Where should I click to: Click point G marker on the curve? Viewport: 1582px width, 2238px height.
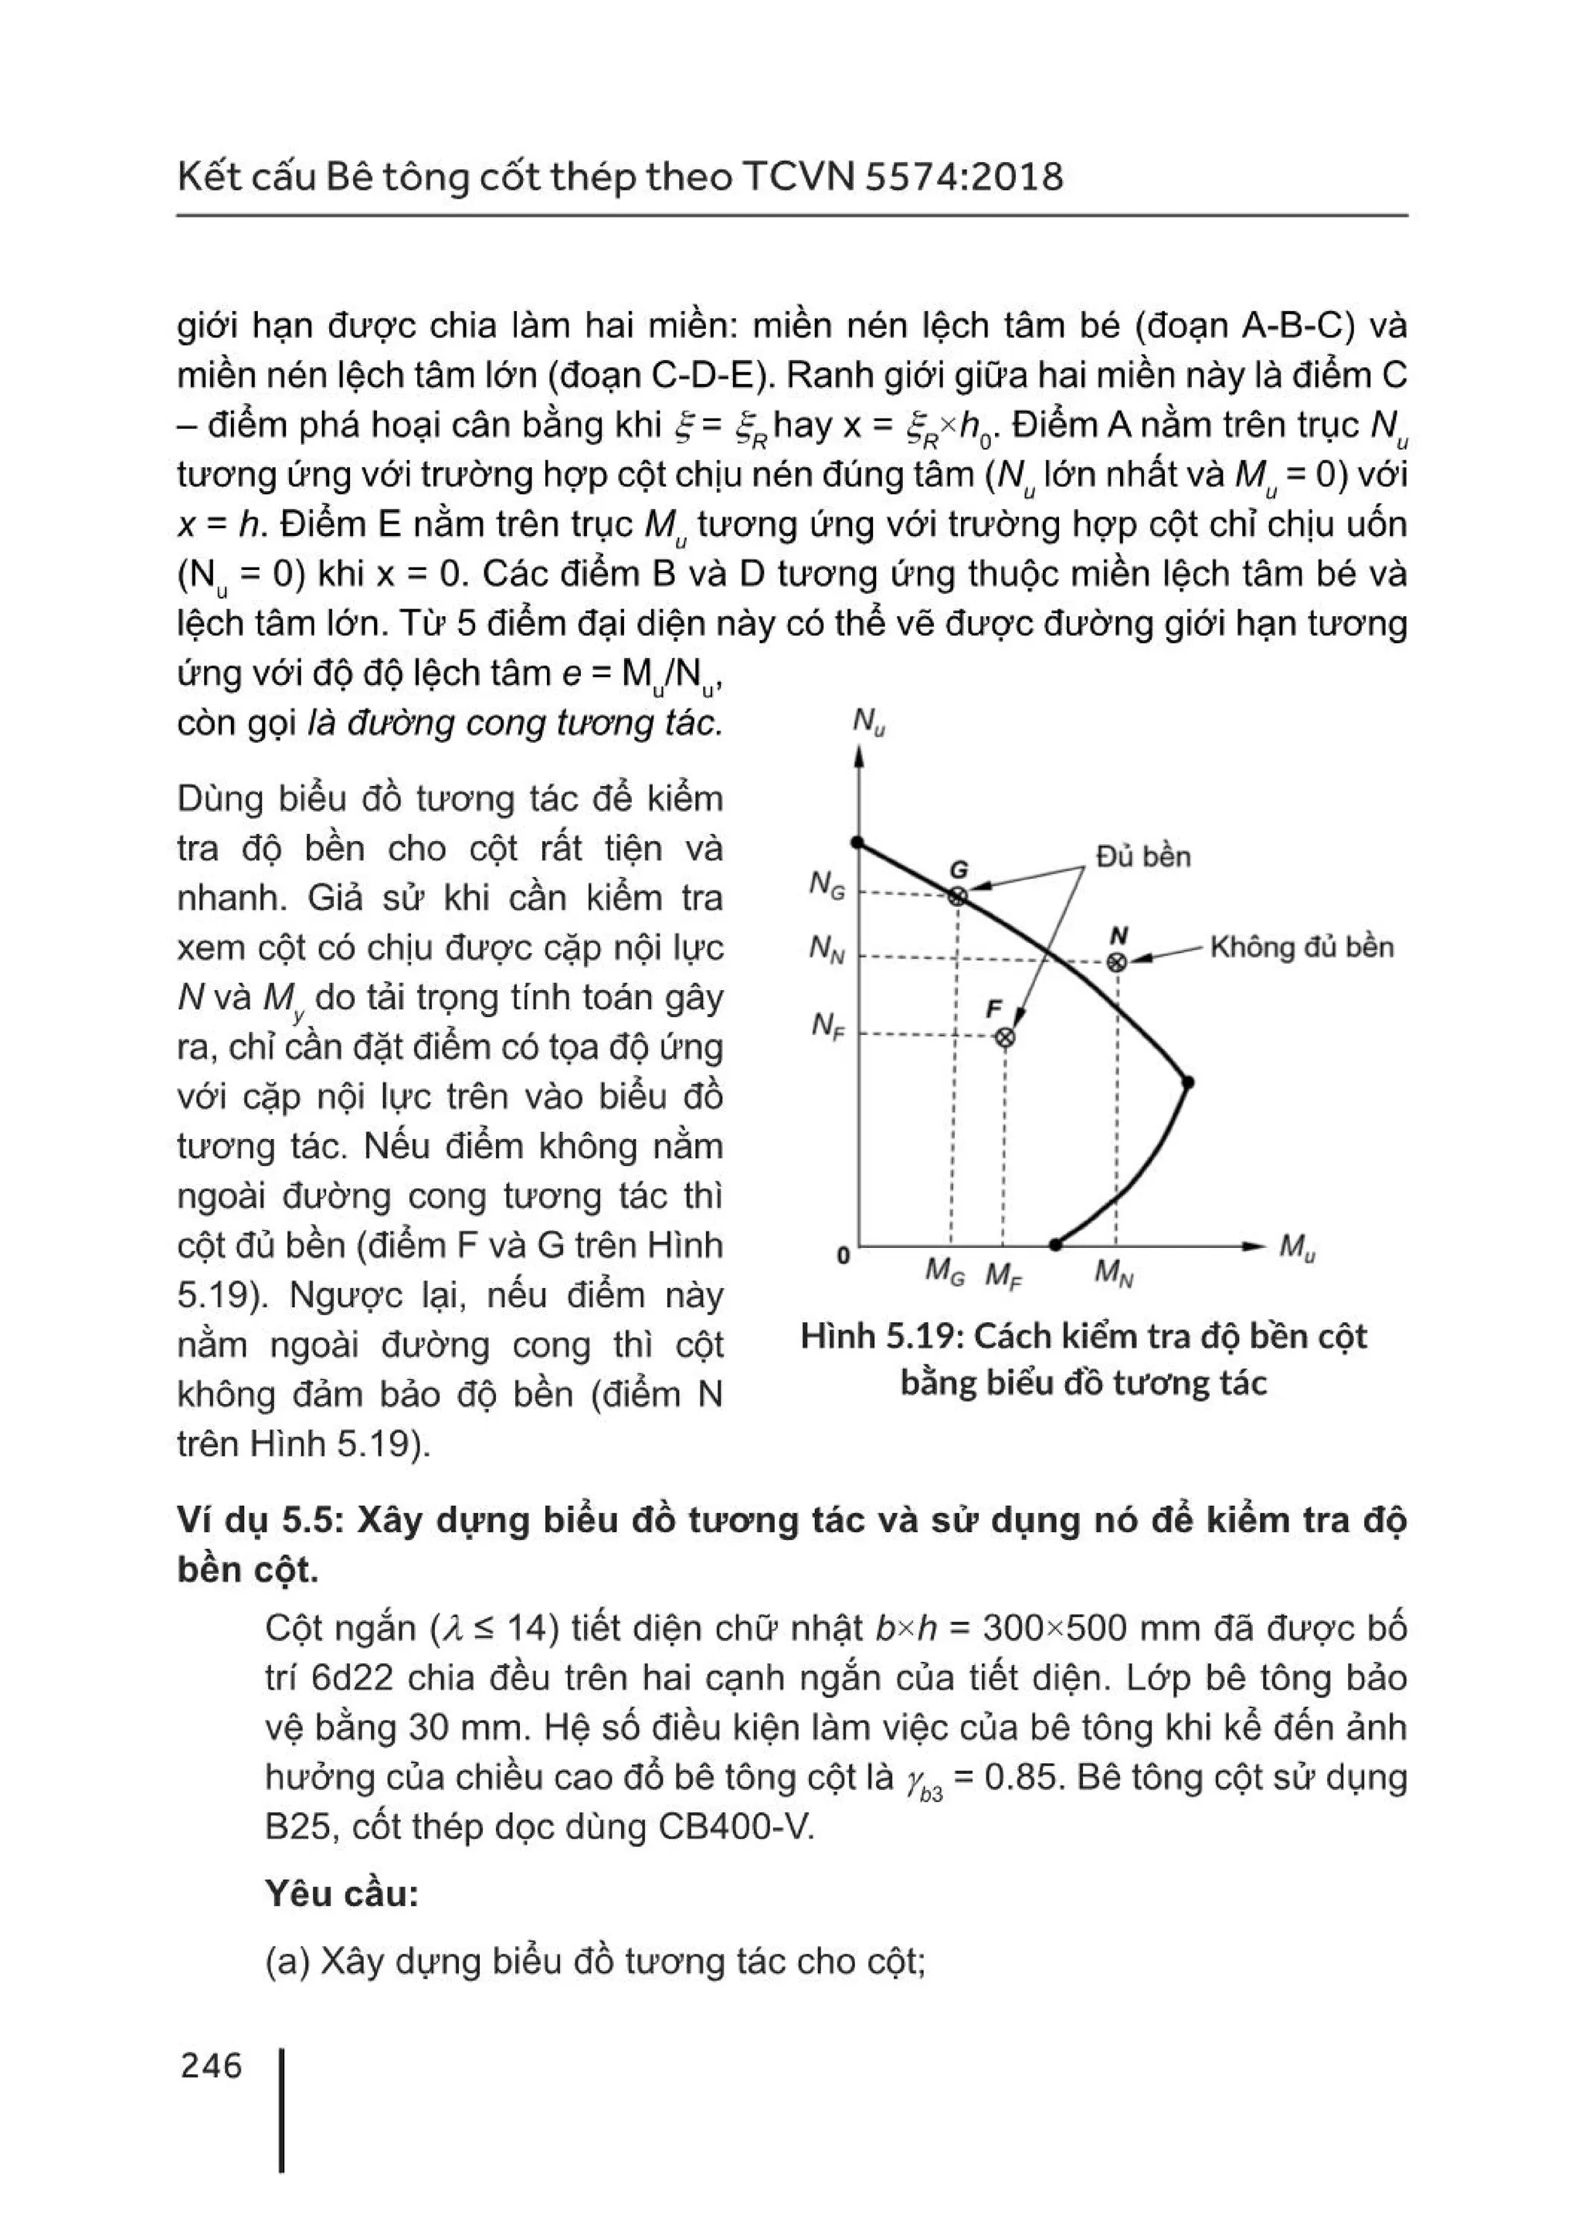(958, 896)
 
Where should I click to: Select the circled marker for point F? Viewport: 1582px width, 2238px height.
(1004, 1037)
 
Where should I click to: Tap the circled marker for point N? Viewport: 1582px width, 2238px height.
(1117, 962)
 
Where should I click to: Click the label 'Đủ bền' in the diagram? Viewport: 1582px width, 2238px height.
(1142, 856)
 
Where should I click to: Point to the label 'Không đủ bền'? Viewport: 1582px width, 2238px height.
(1302, 948)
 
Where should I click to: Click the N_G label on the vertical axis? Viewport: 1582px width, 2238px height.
(827, 885)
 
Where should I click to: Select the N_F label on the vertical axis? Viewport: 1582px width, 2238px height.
(827, 1026)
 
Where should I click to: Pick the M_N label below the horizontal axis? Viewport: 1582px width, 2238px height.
(1113, 1272)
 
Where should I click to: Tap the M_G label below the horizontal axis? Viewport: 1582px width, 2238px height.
(943, 1272)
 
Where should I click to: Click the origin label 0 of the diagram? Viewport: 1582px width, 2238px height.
(844, 1256)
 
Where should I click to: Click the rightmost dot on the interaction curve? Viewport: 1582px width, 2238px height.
(1187, 1082)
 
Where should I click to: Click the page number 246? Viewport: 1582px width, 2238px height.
(211, 2066)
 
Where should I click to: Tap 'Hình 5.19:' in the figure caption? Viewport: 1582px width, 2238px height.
(881, 1336)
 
